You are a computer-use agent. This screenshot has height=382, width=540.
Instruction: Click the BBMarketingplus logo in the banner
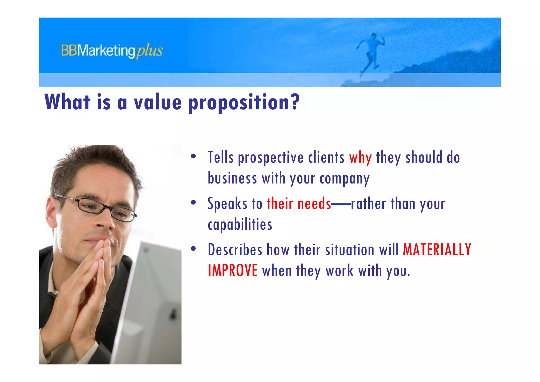pyautogui.click(x=112, y=51)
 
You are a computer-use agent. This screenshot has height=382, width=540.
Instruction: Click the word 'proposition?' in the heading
pyautogui.click(x=244, y=102)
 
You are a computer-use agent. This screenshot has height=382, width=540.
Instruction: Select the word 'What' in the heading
pyautogui.click(x=67, y=102)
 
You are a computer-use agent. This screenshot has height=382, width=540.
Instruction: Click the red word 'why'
pyautogui.click(x=360, y=158)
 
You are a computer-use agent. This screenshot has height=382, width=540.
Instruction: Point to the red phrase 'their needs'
pyautogui.click(x=298, y=204)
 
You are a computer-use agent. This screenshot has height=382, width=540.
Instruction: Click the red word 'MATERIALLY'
pyautogui.click(x=437, y=250)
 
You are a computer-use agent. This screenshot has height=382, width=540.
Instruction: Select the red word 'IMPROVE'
pyautogui.click(x=233, y=271)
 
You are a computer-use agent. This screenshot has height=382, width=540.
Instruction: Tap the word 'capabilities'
pyautogui.click(x=240, y=225)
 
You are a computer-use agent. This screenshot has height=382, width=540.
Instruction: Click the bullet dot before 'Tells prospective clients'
pyautogui.click(x=194, y=156)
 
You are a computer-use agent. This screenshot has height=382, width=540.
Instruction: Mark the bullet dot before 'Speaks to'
pyautogui.click(x=194, y=202)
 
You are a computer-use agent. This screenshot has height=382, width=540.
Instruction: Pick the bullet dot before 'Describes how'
pyautogui.click(x=194, y=249)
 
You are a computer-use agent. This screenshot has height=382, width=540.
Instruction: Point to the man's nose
pyautogui.click(x=104, y=222)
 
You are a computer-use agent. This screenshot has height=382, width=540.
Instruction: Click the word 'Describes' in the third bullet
pyautogui.click(x=235, y=250)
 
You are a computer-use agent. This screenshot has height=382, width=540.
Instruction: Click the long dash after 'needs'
pyautogui.click(x=341, y=204)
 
